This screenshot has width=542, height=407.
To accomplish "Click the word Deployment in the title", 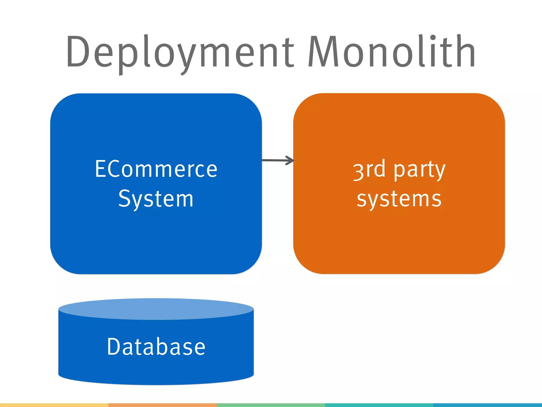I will (x=180, y=53).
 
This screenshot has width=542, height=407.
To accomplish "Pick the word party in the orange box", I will (x=419, y=170).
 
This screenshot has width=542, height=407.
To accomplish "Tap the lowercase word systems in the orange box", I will (x=399, y=199).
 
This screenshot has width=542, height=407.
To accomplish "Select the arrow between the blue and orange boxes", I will (x=278, y=160).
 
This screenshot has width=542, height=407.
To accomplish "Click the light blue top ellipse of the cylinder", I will (x=156, y=309).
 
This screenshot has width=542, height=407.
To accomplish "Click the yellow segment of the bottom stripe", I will (x=54, y=405).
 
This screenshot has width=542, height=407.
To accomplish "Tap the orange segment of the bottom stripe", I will (x=162, y=405).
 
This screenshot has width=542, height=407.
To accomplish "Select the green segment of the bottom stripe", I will (x=271, y=405).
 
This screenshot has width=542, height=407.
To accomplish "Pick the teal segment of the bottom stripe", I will (x=379, y=405).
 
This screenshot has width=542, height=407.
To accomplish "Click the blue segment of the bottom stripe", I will (x=487, y=405).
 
